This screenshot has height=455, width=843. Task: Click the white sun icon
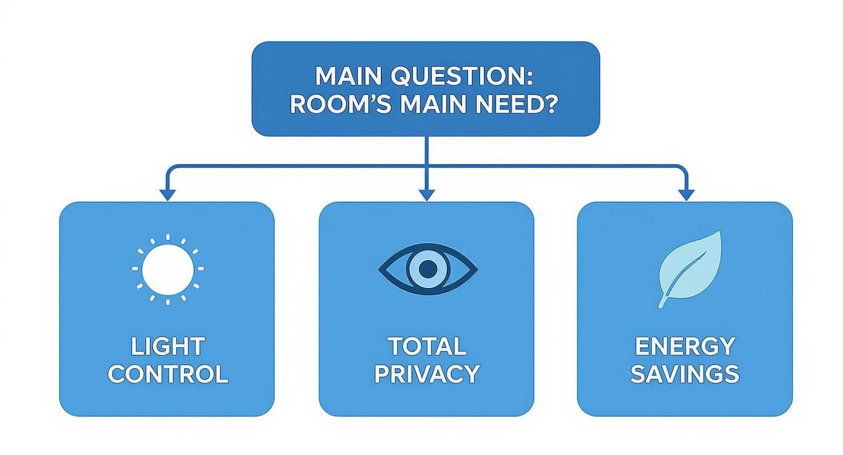[167, 268]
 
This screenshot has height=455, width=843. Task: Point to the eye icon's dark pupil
[428, 268]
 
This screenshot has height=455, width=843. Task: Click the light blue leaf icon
[690, 266]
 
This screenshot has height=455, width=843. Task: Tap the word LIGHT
[167, 347]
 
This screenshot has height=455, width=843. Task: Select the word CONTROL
[168, 375]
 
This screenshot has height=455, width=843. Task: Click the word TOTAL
[426, 347]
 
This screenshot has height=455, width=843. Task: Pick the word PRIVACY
[426, 375]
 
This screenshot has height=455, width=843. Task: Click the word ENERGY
[684, 347]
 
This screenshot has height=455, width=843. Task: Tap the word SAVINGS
[684, 375]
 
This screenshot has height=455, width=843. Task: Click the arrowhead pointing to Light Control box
[167, 194]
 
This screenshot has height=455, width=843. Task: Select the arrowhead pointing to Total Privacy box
[427, 194]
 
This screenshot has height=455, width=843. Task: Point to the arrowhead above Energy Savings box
[686, 194]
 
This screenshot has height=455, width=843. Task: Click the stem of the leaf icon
[665, 301]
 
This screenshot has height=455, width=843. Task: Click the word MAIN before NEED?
[433, 104]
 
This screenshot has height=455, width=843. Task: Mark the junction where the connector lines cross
[427, 165]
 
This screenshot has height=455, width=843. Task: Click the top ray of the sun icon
[167, 237]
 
